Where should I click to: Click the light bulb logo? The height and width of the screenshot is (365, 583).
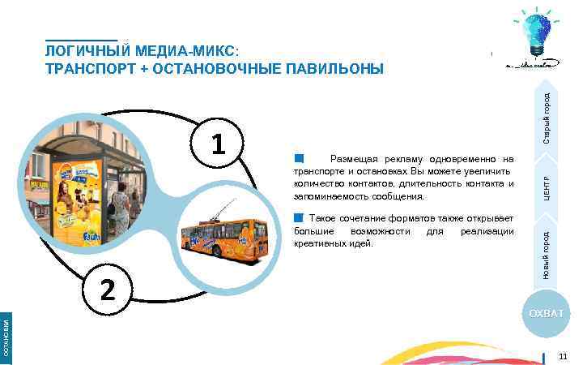(530, 36)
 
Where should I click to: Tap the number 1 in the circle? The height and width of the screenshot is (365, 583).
(216, 145)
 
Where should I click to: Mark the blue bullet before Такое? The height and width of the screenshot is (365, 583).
(298, 218)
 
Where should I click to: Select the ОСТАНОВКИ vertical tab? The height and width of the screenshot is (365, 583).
(6, 337)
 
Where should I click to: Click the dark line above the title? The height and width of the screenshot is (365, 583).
(81, 40)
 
